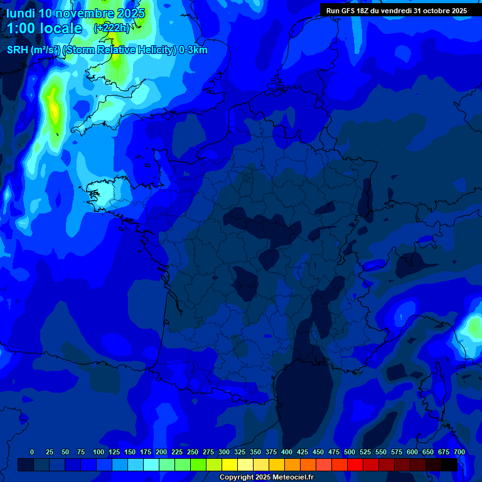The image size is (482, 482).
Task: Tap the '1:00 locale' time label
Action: pyautogui.click(x=44, y=29)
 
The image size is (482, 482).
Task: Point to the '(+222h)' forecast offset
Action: pyautogui.click(x=112, y=28)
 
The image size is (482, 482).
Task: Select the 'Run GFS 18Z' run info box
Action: pyautogui.click(x=396, y=11)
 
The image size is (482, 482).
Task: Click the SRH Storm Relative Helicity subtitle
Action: pyautogui.click(x=107, y=50)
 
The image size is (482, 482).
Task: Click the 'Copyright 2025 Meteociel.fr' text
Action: pyautogui.click(x=266, y=478)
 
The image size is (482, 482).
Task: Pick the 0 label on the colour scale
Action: pyautogui.click(x=32, y=452)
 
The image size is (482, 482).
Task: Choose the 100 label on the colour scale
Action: pyautogui.click(x=99, y=452)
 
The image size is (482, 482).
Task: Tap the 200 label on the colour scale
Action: pyautogui.click(x=161, y=452)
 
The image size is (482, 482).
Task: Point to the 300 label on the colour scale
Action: pyautogui.click(x=224, y=452)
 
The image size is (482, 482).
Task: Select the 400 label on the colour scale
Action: pyautogui.click(x=287, y=452)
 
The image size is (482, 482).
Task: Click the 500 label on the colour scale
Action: pyautogui.click(x=350, y=452)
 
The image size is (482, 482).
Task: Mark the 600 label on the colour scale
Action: pyautogui.click(x=412, y=452)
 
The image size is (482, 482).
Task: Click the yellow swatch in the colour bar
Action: pyautogui.click(x=230, y=465)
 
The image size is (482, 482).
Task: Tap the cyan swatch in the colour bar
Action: pyautogui.click(x=151, y=465)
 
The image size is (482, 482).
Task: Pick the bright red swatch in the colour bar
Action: pyautogui.click(x=355, y=465)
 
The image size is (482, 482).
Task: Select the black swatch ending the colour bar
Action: pyautogui.click(x=449, y=465)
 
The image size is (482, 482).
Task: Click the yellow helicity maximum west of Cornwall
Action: pyautogui.click(x=54, y=110)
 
